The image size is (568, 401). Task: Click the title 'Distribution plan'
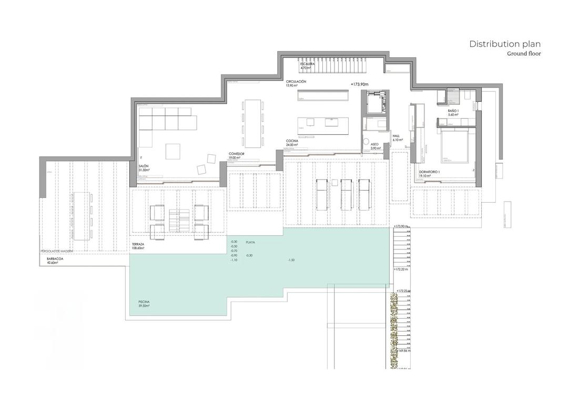504,44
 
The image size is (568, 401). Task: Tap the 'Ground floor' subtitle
523,54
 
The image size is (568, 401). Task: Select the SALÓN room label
144,166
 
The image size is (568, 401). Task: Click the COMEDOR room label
235,154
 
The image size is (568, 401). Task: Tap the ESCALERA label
307,65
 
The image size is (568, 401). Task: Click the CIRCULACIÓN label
296,82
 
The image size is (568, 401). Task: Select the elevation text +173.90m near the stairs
360,84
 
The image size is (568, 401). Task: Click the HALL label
397,136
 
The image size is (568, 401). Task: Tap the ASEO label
374,143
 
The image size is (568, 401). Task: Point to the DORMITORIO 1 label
429,173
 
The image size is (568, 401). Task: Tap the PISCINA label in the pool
144,302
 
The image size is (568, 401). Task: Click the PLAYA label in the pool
250,242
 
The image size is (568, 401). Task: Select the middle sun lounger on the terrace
345,188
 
